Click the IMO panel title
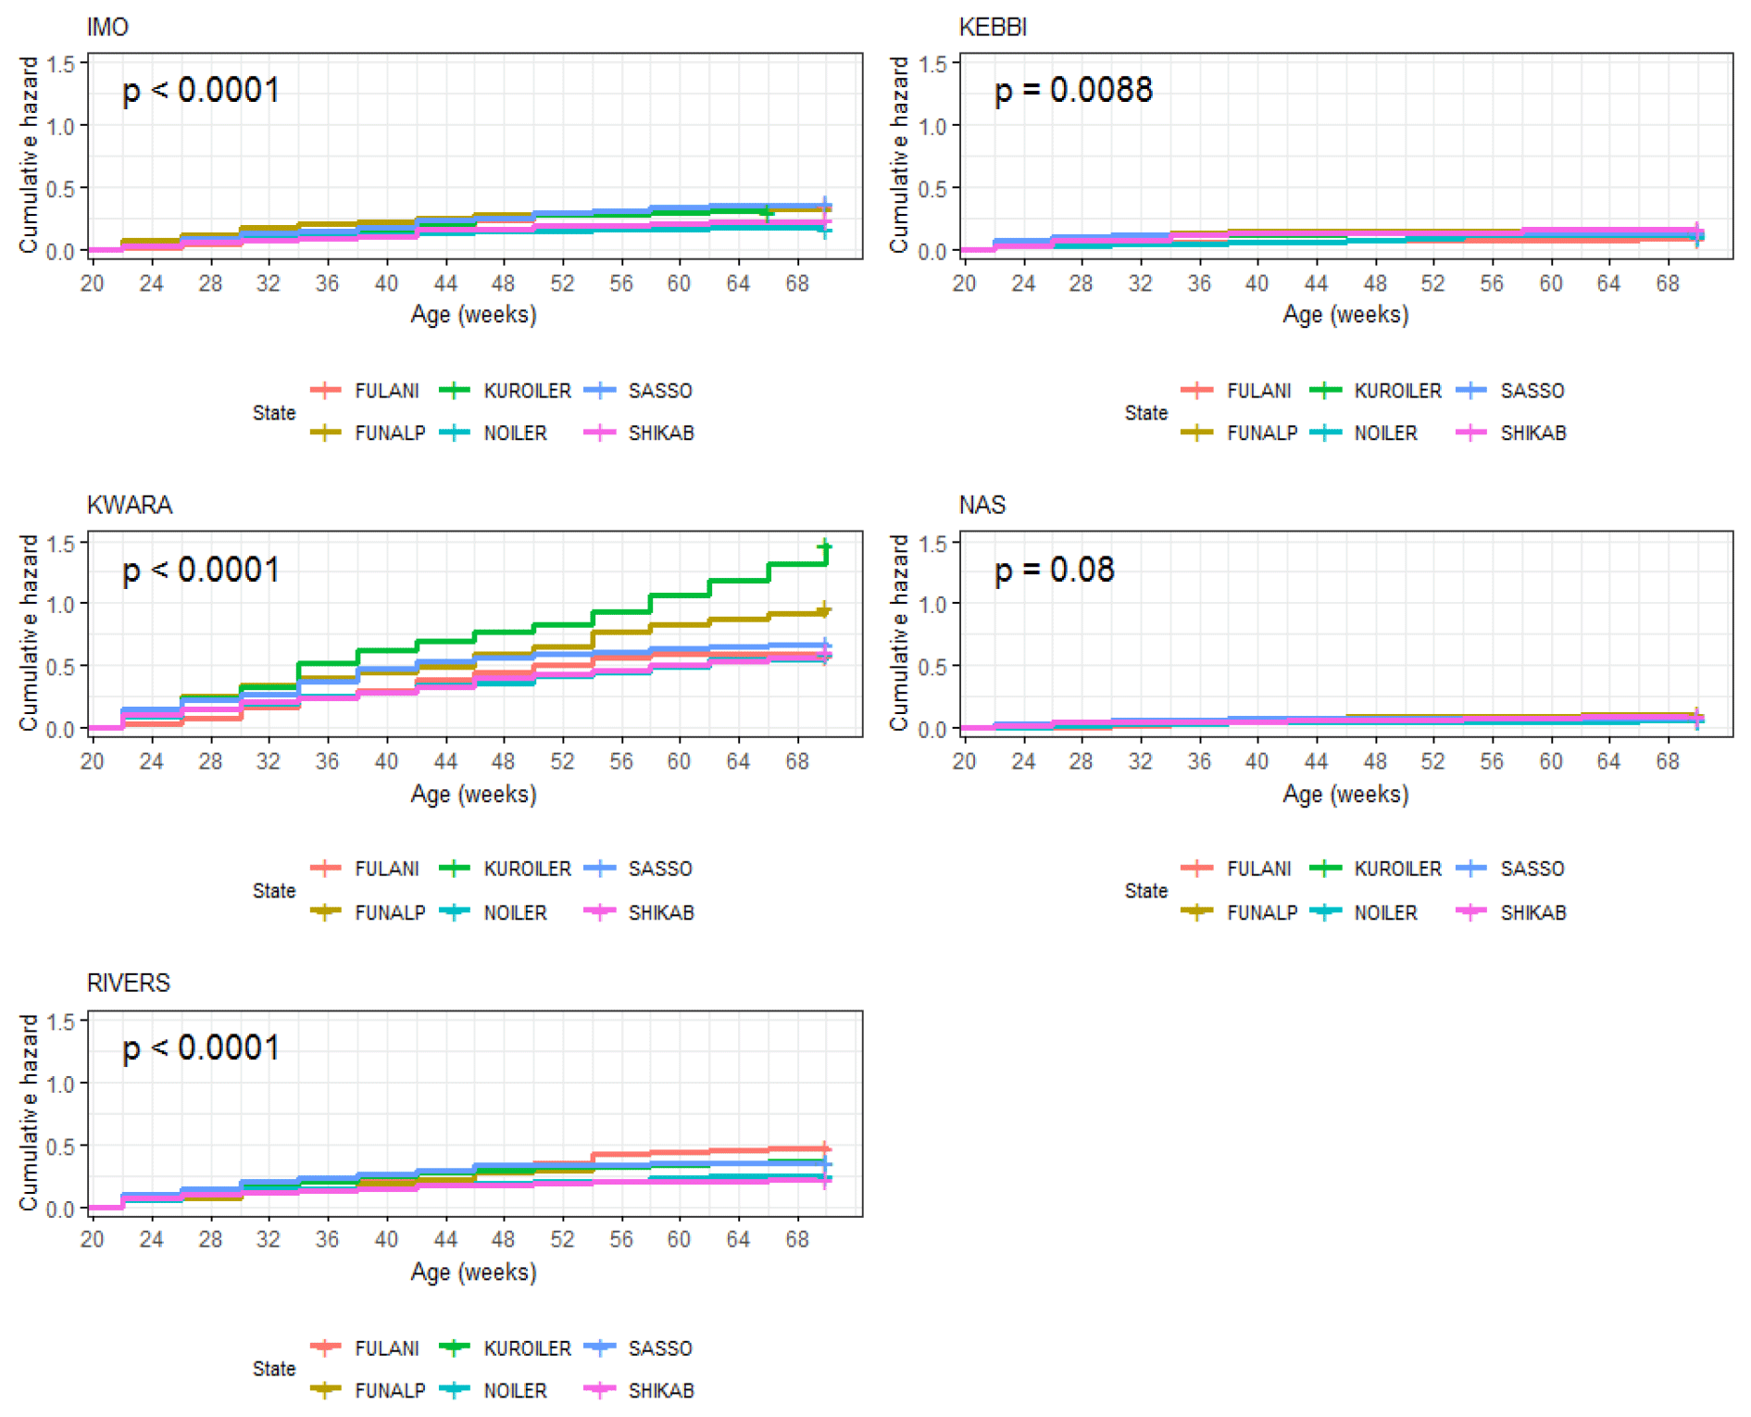(x=107, y=28)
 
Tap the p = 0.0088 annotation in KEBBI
(x=1072, y=91)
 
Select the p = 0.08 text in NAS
(x=1054, y=570)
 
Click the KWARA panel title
(x=130, y=506)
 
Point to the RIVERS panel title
(x=128, y=984)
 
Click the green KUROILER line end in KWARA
(x=825, y=547)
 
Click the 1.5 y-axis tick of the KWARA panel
(x=61, y=544)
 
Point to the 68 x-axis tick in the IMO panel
(x=797, y=283)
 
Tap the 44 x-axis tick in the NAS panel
(x=1316, y=761)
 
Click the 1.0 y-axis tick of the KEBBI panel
(x=933, y=127)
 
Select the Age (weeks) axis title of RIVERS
(x=473, y=1273)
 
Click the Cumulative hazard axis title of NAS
(x=898, y=633)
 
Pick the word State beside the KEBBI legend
(x=1145, y=413)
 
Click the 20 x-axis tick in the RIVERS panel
(x=93, y=1239)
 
